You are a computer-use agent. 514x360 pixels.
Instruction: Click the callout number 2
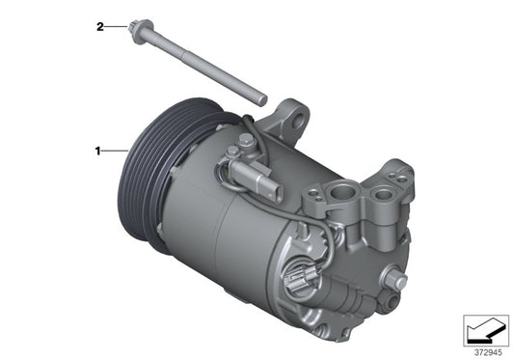point(98,27)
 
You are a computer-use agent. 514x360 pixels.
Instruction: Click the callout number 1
point(97,151)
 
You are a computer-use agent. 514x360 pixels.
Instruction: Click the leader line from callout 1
point(115,151)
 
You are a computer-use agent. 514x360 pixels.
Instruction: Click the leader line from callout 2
point(114,27)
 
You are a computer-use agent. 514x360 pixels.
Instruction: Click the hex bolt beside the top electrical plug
point(234,152)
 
